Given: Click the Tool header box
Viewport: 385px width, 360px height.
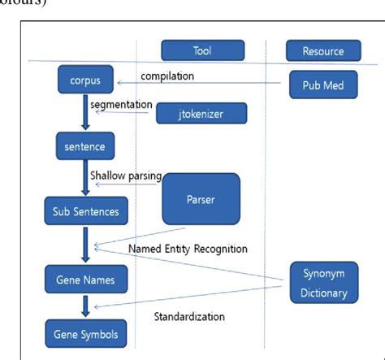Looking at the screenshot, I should [x=202, y=50].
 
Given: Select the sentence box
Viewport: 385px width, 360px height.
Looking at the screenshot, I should [x=84, y=146].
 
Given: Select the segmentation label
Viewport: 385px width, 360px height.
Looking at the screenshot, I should [x=122, y=106].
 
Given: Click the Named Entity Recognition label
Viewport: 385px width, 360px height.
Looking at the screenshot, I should [x=188, y=248].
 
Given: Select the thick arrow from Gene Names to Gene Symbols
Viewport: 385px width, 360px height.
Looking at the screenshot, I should [x=84, y=307].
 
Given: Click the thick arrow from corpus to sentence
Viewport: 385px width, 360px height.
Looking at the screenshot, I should [x=84, y=114].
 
